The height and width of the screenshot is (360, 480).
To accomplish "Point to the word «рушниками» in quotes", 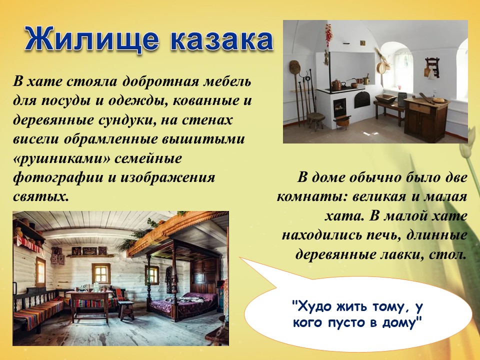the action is tap(61, 159).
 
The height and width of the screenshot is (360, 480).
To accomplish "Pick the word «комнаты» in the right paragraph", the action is tap(312, 197).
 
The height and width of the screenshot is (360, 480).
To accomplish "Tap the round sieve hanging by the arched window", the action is tap(381, 67).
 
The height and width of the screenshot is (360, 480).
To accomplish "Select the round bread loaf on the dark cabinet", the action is tap(438, 100).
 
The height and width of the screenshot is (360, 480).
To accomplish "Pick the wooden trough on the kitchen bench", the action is tap(385, 98).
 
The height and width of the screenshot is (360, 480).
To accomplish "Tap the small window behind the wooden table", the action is tap(100, 274).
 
